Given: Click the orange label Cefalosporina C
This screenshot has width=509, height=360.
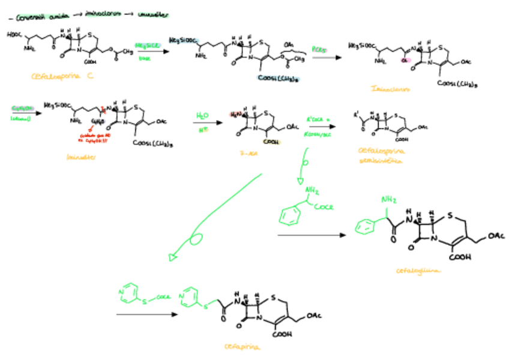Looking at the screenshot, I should (x=64, y=76).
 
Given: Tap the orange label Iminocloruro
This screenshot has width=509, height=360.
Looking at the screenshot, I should (x=391, y=90).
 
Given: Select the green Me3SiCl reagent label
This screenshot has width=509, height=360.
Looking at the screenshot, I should (x=147, y=46).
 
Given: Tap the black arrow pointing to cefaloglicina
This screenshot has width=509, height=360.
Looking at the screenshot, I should (x=312, y=235).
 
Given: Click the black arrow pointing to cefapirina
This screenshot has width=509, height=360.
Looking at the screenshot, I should (x=145, y=314).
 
